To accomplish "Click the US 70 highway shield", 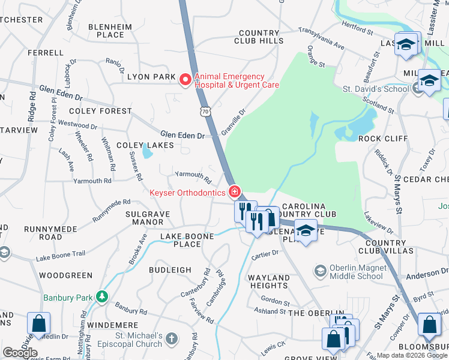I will click(205, 112).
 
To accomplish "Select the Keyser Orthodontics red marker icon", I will click(235, 193).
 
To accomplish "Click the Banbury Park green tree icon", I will click(103, 296).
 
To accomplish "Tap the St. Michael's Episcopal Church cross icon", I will click(172, 338).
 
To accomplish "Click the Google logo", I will click(20, 353).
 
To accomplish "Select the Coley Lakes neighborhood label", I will click(145, 145).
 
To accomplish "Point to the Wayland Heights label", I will click(269, 281).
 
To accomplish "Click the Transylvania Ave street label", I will click(322, 37).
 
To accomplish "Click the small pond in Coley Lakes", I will click(146, 152).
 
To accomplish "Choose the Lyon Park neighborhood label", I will click(151, 77).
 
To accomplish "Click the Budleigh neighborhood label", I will click(170, 270).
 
